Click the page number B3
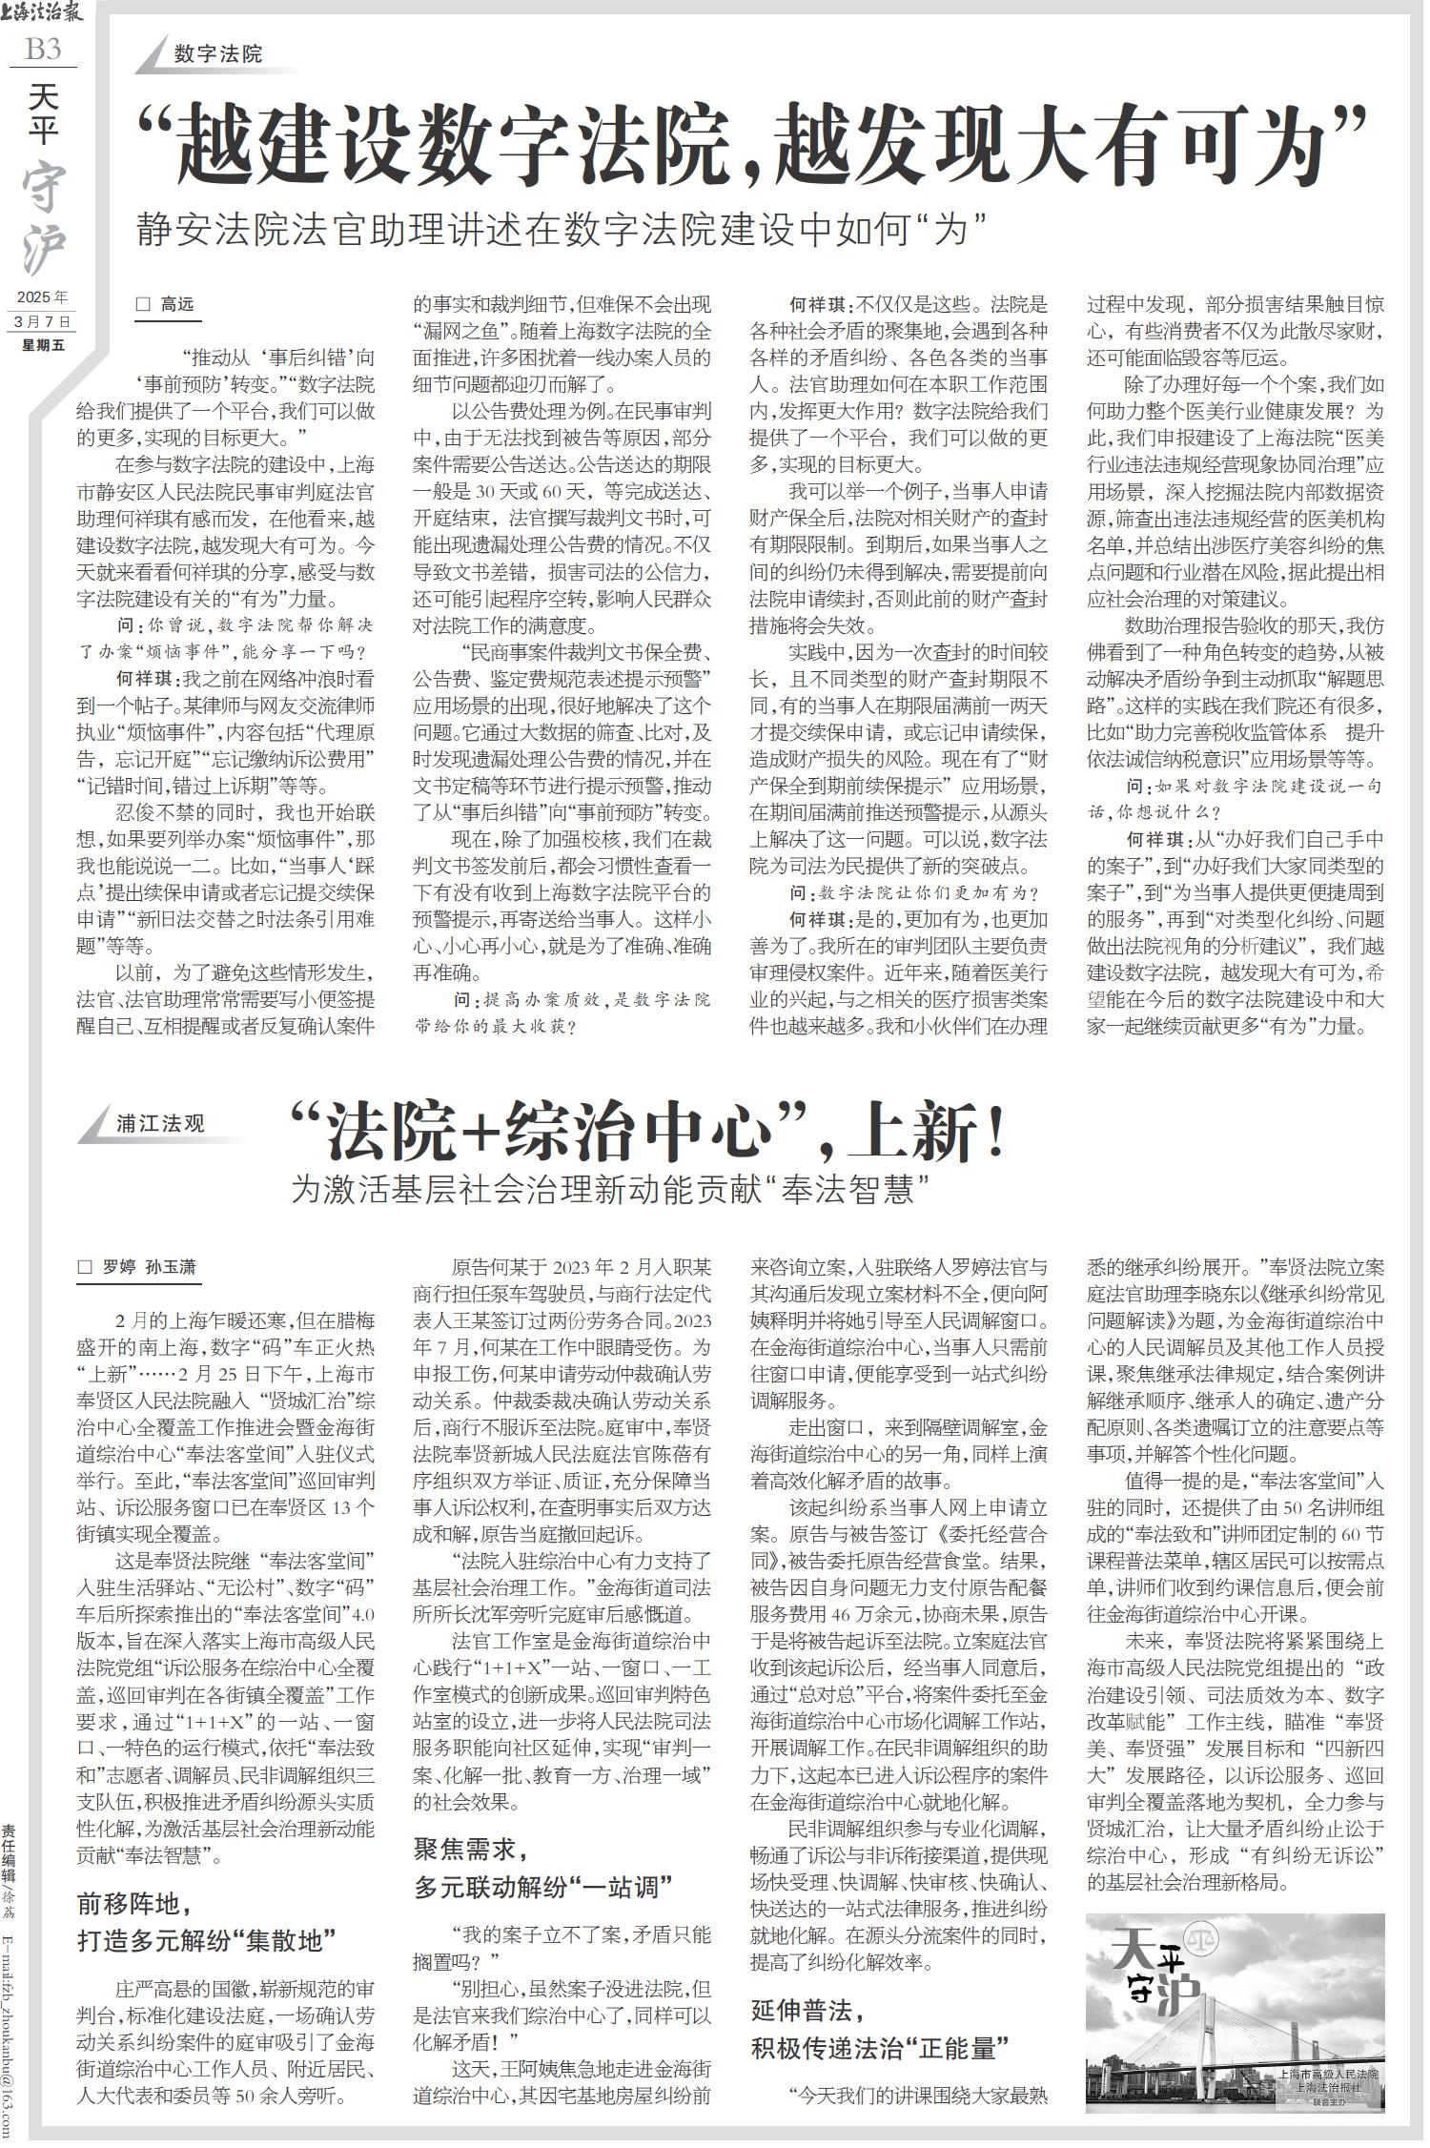(43, 49)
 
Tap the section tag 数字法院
(217, 54)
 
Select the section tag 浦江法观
(160, 1123)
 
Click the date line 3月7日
(43, 321)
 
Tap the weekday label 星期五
(44, 344)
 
